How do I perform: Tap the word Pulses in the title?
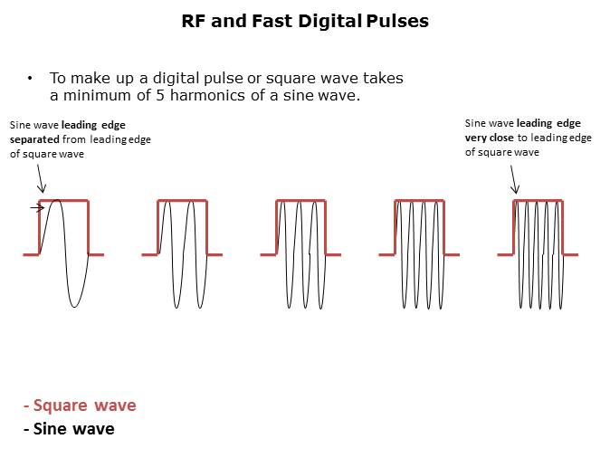click(397, 21)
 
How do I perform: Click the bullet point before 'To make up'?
click(30, 78)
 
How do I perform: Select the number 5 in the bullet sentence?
click(160, 95)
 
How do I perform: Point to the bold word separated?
click(34, 139)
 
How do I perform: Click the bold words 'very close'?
click(489, 138)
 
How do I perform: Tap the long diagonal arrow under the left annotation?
click(41, 178)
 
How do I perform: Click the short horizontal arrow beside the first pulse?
click(37, 208)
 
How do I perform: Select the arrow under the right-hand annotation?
click(514, 179)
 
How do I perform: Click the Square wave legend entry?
click(80, 406)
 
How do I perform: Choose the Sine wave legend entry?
click(69, 429)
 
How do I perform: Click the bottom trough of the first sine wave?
click(74, 306)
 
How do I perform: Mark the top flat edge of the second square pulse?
click(183, 201)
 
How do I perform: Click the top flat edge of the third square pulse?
click(300, 201)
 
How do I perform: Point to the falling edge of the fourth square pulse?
click(443, 227)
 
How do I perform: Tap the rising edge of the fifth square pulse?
click(514, 227)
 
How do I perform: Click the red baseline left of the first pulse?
click(31, 255)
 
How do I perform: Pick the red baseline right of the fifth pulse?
click(570, 255)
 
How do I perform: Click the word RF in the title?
click(194, 22)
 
